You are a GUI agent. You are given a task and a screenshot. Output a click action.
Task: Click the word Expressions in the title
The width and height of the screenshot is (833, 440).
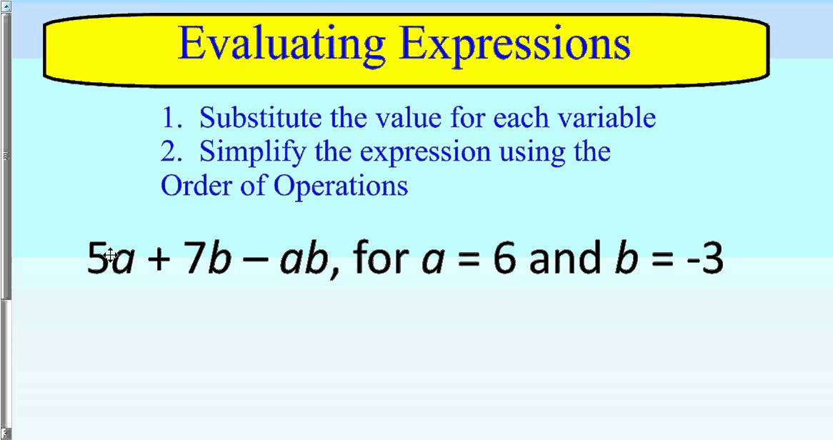(515, 44)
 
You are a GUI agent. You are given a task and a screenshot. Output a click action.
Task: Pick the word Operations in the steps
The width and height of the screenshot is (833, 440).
(341, 186)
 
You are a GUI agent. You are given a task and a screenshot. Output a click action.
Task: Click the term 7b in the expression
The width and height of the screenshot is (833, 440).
(207, 258)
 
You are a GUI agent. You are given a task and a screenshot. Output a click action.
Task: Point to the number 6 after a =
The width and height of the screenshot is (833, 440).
(504, 258)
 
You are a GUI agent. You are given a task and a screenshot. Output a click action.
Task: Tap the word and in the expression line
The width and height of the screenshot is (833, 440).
(564, 258)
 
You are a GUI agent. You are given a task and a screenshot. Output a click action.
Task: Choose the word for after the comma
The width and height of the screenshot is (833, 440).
(381, 258)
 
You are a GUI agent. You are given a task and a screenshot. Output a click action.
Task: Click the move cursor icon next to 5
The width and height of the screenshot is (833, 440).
(111, 255)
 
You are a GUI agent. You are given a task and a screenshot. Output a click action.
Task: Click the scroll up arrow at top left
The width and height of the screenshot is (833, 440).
(5, 6)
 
